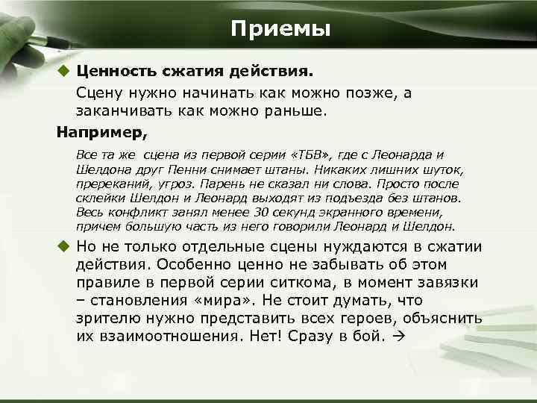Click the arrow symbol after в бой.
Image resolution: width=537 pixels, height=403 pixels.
click(x=396, y=337)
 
